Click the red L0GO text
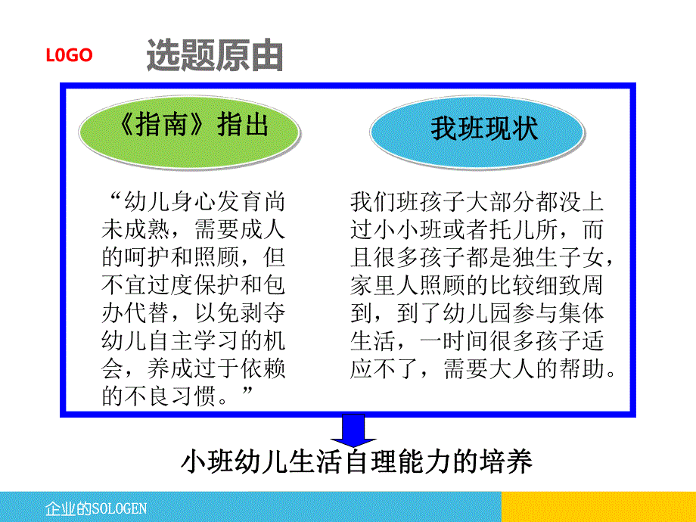click(69, 55)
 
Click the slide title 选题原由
click(215, 57)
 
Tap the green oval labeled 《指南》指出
click(189, 126)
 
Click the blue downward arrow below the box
click(349, 432)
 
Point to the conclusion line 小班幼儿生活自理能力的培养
click(356, 461)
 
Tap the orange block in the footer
click(598, 506)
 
